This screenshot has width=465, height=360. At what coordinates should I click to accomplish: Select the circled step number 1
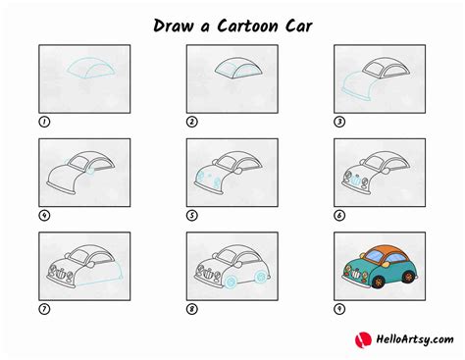point(43,122)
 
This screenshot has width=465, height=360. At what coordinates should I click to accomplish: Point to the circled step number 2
point(192,122)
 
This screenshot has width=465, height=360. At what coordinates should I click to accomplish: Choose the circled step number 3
point(339,122)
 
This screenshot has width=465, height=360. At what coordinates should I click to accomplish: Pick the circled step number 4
point(43,216)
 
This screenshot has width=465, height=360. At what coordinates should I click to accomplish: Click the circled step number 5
point(192,216)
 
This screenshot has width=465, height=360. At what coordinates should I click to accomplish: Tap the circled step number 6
point(339,216)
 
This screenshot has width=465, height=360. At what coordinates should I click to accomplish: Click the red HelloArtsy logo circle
point(362,339)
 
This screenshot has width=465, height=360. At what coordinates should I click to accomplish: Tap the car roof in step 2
point(234,67)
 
